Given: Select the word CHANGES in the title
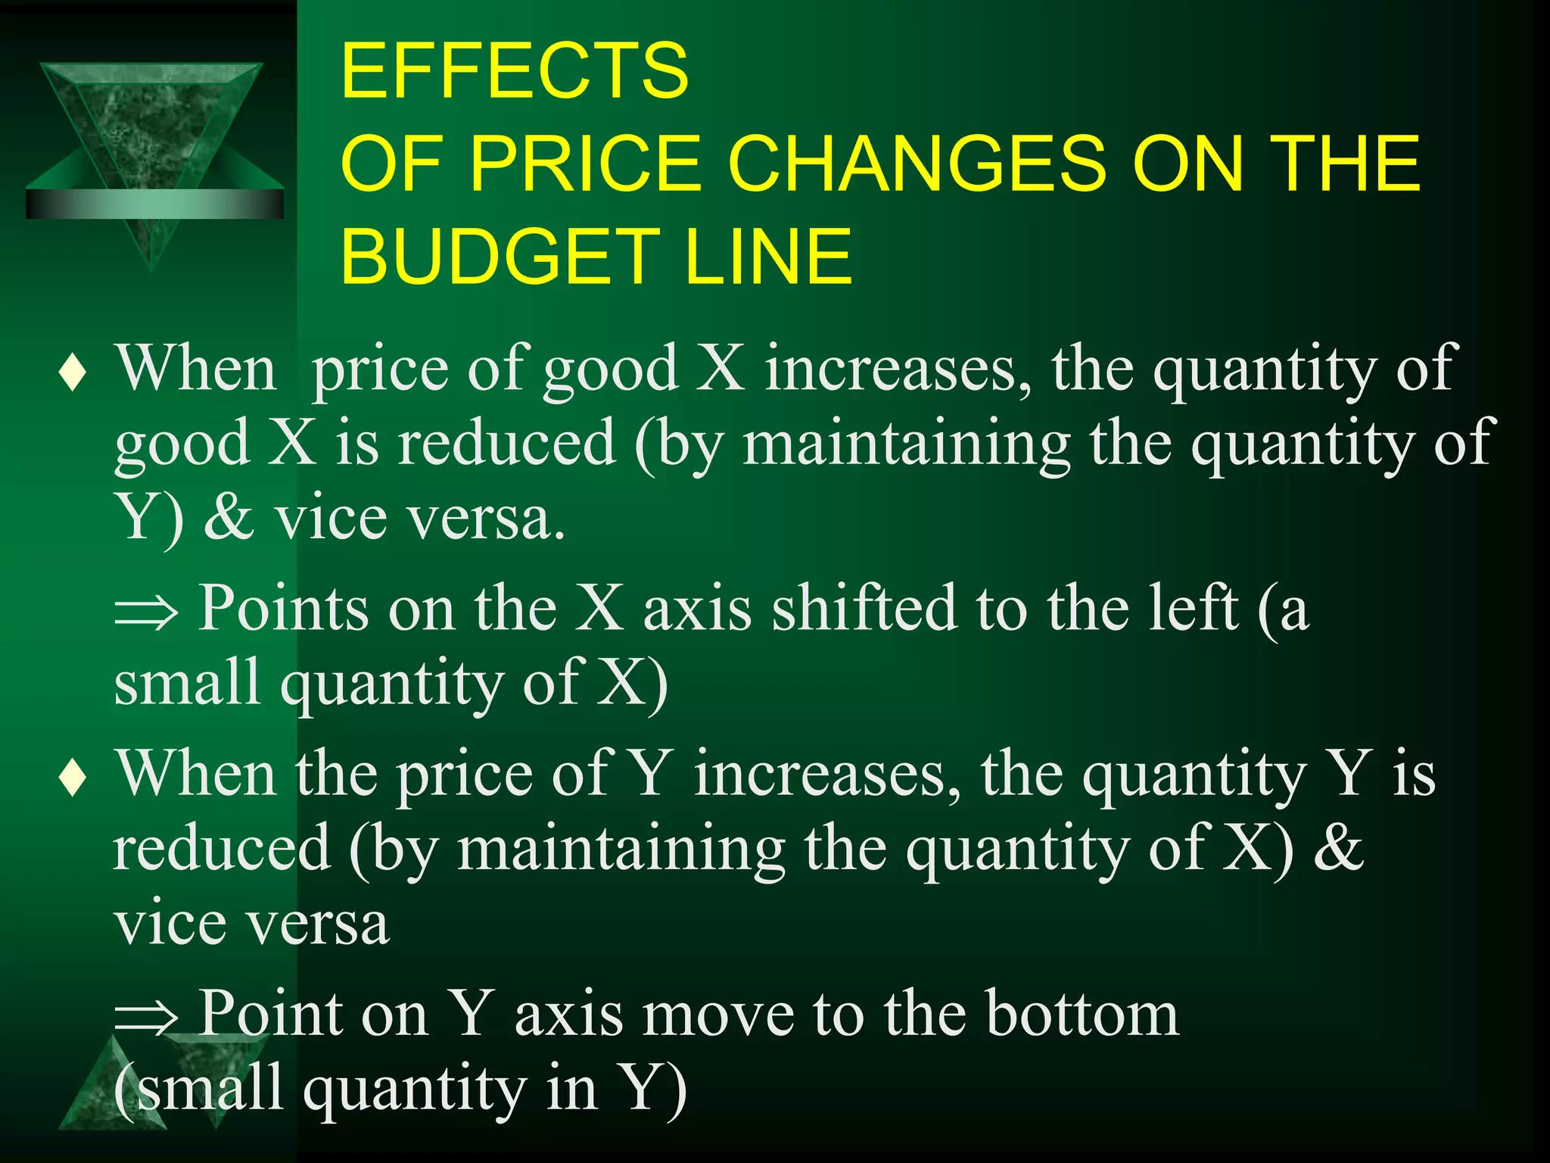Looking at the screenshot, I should click(917, 163).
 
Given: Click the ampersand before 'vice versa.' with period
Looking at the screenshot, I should click(229, 518).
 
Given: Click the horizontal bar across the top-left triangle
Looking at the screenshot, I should click(154, 204).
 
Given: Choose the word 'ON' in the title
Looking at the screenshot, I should click(1188, 163).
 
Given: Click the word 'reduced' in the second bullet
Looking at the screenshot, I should click(223, 849).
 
